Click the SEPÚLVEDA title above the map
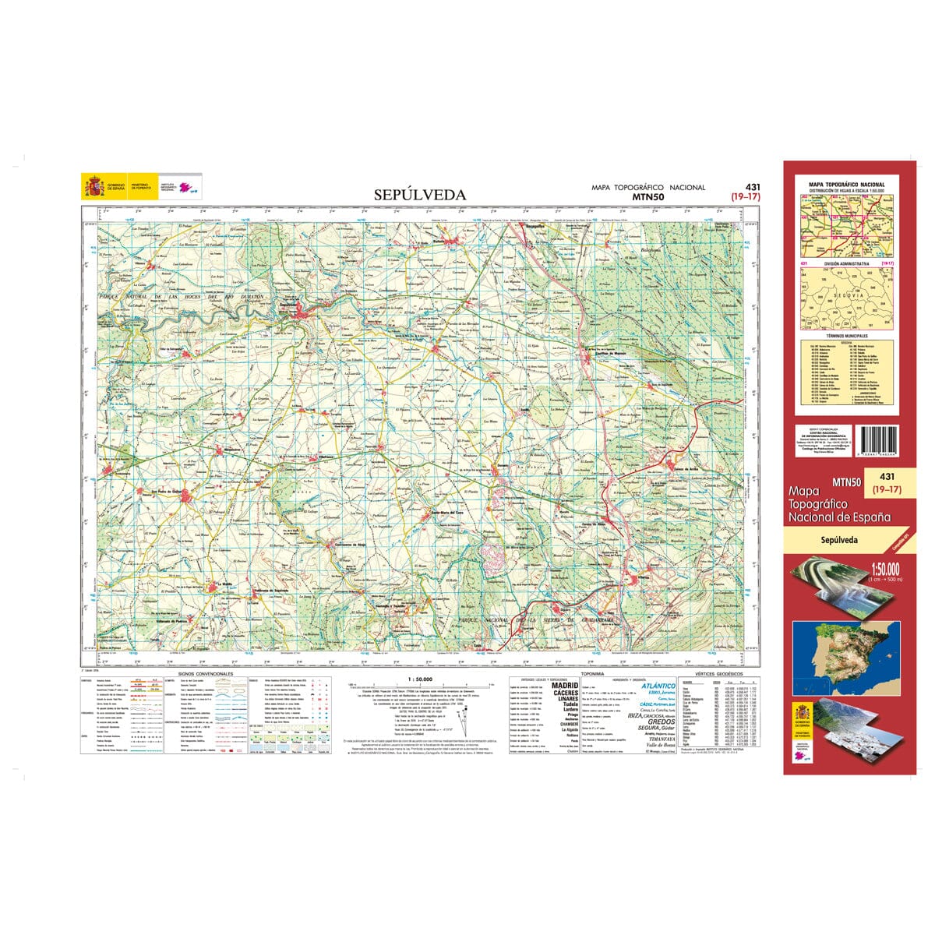pos(419,195)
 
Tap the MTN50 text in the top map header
pos(648,197)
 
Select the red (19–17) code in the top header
pos(745,197)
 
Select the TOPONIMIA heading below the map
pos(593,672)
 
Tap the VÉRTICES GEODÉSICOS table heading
pos(713,672)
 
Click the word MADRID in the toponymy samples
pos(565,686)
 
